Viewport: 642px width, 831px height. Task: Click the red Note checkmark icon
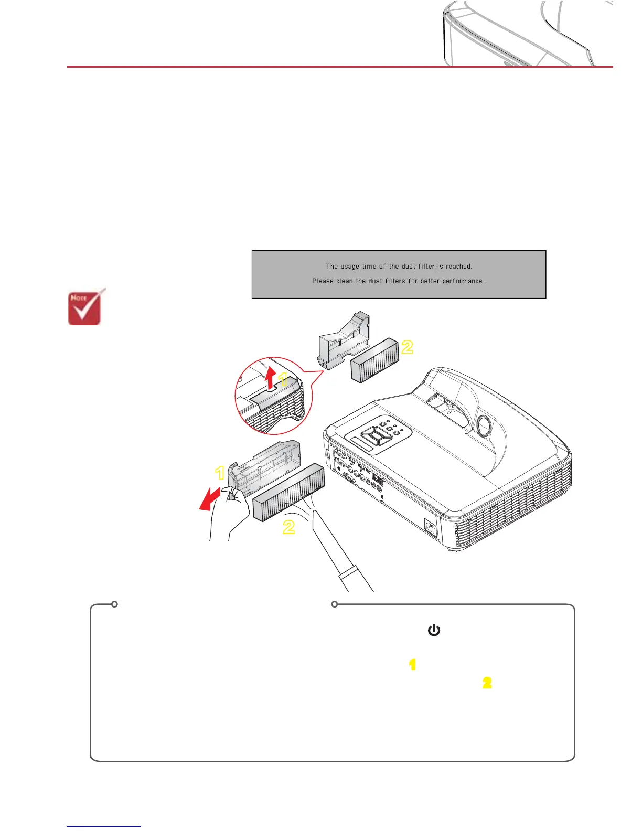tap(85, 308)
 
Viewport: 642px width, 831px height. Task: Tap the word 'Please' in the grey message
tap(323, 281)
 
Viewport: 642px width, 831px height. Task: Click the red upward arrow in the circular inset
tap(270, 378)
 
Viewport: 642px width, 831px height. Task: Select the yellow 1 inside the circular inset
tap(283, 379)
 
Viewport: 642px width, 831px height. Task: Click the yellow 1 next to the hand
tap(220, 473)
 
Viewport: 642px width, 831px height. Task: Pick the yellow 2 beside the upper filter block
tap(407, 347)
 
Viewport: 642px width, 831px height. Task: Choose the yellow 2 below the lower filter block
tap(288, 527)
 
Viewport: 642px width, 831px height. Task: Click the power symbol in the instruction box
tap(434, 630)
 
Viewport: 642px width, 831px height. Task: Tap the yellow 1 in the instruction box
tap(412, 665)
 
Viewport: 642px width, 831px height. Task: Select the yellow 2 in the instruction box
tap(487, 683)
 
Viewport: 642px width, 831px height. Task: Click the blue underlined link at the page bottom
tap(104, 826)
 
